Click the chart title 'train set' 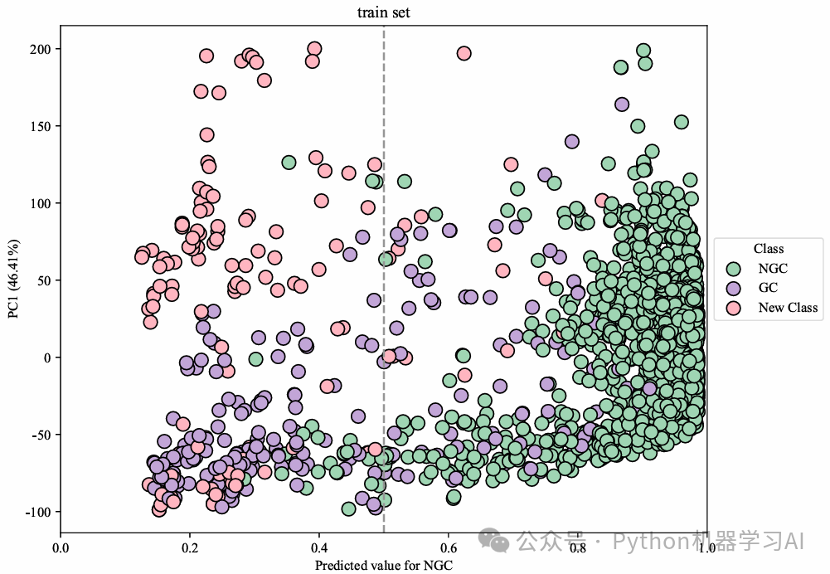coord(383,12)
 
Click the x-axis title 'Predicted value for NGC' coord(383,565)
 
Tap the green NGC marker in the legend coord(733,269)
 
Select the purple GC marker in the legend coord(733,289)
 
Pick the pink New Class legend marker coord(733,309)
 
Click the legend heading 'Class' coord(768,249)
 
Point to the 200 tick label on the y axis coord(42,49)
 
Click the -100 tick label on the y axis coord(39,512)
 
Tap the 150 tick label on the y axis coord(42,126)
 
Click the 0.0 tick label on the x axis coord(61,547)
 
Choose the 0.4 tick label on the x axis coord(319,547)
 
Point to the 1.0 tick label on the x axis coord(706,547)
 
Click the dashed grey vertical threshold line coord(384,249)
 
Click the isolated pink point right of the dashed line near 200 coord(464,54)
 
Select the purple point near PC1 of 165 coord(622,104)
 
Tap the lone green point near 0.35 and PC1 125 coord(289,163)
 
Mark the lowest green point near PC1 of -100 coord(349,509)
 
